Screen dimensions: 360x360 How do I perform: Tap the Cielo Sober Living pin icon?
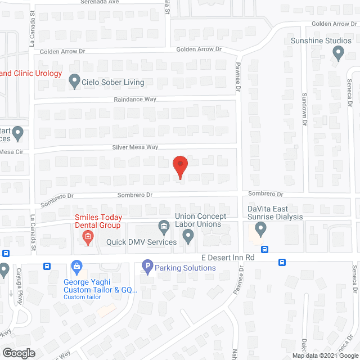74,82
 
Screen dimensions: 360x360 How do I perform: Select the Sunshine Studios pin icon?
338,53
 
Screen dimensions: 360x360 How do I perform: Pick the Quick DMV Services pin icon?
188,237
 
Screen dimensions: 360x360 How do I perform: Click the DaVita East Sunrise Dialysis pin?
260,229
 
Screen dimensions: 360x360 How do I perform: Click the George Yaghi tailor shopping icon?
76,265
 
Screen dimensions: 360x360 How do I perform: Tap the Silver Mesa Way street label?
136,147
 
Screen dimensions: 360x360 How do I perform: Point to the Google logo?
18,353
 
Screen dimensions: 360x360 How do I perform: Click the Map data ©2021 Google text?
325,355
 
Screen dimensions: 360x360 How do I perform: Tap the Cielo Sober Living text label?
113,82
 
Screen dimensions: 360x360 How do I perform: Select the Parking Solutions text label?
185,268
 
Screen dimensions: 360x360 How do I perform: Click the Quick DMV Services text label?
141,242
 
